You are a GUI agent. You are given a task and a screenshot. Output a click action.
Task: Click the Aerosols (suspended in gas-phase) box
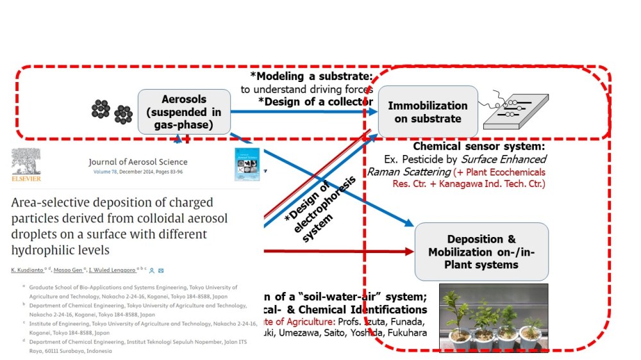tap(184, 111)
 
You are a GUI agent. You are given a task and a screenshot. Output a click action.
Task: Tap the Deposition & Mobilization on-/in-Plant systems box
tap(481, 251)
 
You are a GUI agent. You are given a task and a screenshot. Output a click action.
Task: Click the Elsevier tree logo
tap(29, 165)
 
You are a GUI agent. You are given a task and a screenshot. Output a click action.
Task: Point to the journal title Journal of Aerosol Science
tap(138, 162)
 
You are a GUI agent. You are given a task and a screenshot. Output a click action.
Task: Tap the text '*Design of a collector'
tap(315, 101)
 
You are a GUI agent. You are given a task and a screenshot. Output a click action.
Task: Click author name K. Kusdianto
tap(31, 270)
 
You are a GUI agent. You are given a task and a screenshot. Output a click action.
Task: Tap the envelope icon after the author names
tap(160, 270)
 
